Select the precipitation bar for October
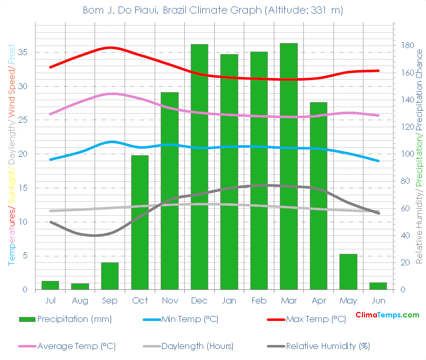[x=140, y=222]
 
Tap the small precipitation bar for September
[x=110, y=276]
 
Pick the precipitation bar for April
[x=318, y=196]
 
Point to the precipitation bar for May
[x=348, y=271]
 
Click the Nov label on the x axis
[x=170, y=300]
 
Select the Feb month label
[x=259, y=300]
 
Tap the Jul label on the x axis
[x=50, y=300]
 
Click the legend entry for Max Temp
[x=315, y=319]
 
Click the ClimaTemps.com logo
[x=387, y=315]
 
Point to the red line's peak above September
[x=110, y=48]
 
